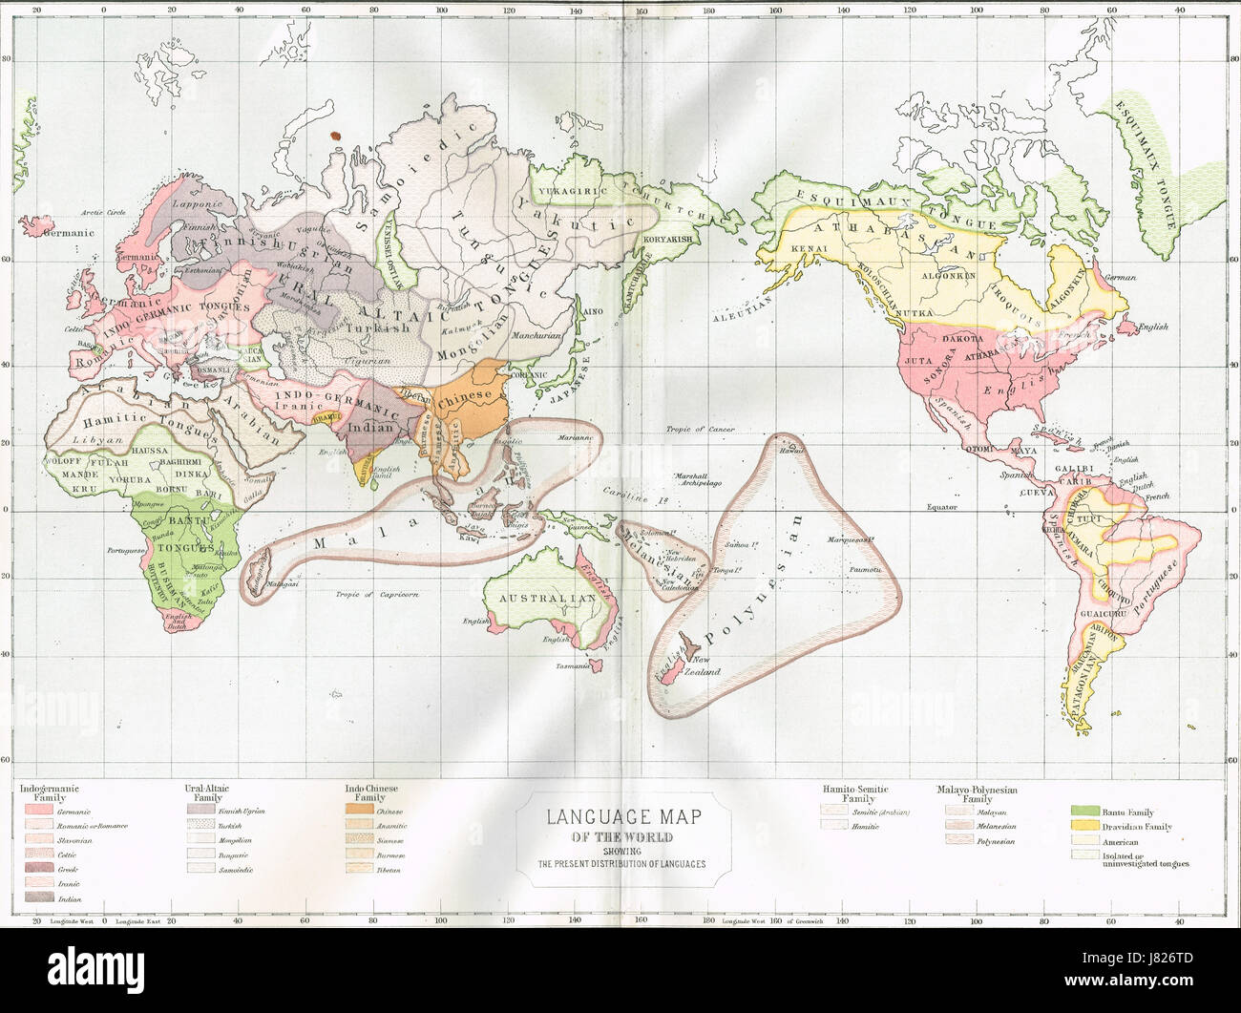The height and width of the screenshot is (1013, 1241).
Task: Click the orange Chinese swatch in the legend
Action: click(x=357, y=812)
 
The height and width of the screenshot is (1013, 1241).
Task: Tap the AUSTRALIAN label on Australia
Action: click(x=542, y=599)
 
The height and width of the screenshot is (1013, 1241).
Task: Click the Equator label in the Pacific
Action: click(x=941, y=507)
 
